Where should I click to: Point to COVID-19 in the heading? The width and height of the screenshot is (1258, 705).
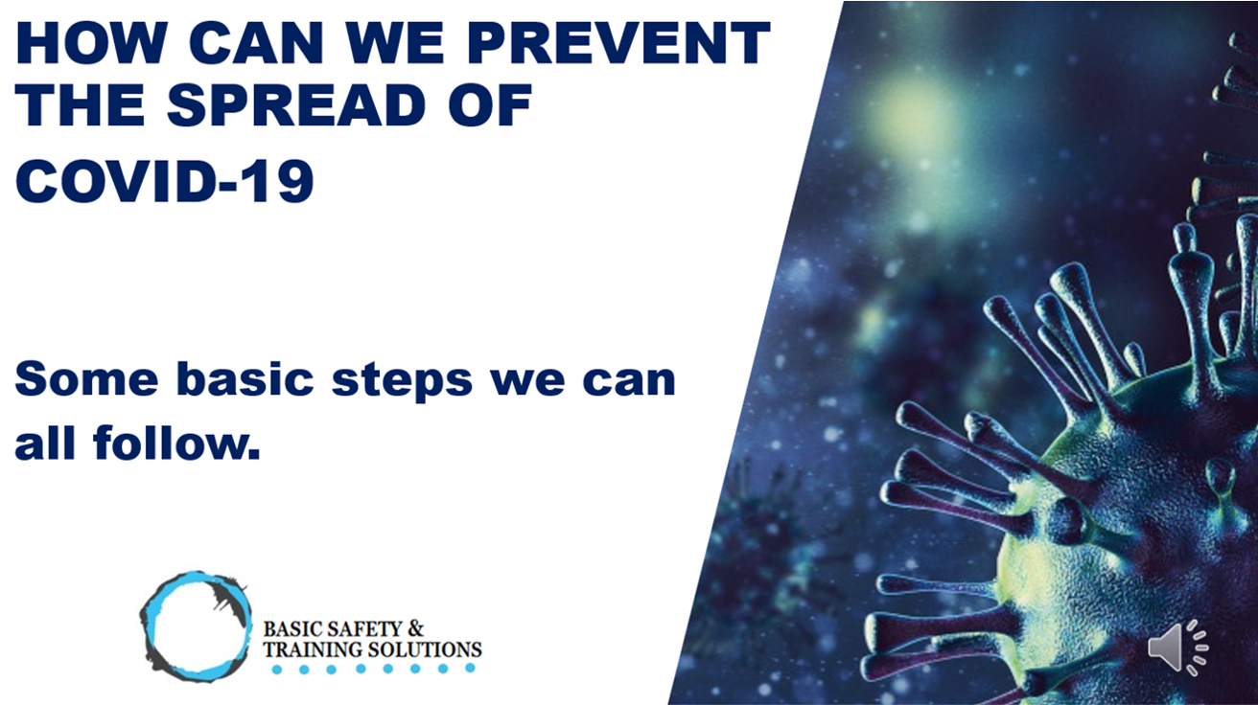pyautogui.click(x=165, y=181)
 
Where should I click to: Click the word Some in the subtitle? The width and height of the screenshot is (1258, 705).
pyautogui.click(x=86, y=379)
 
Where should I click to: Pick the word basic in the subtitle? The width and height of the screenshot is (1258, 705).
pyautogui.click(x=245, y=378)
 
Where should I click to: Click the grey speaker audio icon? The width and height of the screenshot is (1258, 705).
pyautogui.click(x=1177, y=648)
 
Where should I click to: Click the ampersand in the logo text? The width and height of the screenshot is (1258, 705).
pyautogui.click(x=415, y=628)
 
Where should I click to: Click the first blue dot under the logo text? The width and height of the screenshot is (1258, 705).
pyautogui.click(x=276, y=670)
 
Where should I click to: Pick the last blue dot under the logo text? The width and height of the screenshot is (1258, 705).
pyautogui.click(x=471, y=668)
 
